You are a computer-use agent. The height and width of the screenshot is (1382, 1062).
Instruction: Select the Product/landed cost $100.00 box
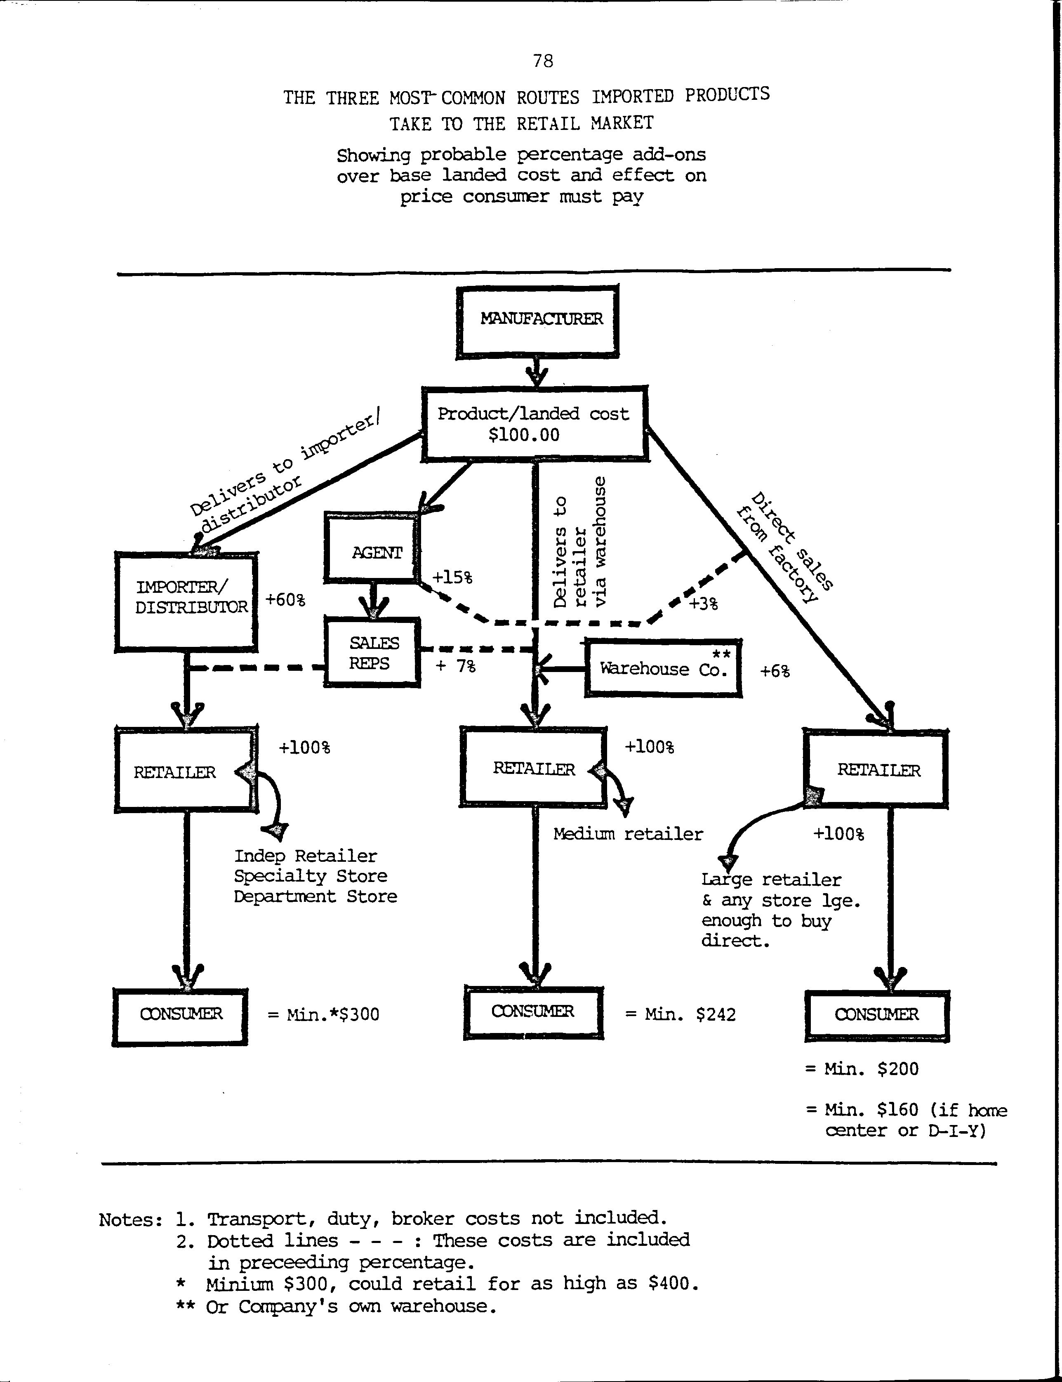[534, 423]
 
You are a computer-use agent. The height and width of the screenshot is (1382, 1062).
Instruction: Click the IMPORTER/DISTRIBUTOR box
[186, 601]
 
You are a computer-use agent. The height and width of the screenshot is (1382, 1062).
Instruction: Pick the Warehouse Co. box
[662, 668]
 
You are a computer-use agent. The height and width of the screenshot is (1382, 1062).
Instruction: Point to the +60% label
[285, 599]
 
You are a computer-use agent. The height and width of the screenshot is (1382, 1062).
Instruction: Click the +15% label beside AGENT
[452, 577]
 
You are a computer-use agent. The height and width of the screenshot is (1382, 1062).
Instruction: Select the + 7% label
[455, 666]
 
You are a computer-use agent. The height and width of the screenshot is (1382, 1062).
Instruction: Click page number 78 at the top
[543, 61]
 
